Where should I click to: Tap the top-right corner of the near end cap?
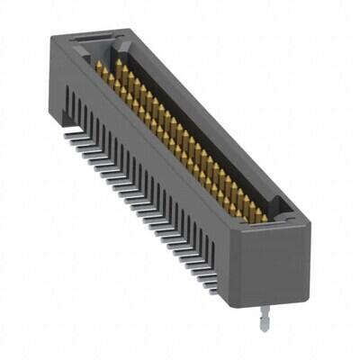[310, 220]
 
